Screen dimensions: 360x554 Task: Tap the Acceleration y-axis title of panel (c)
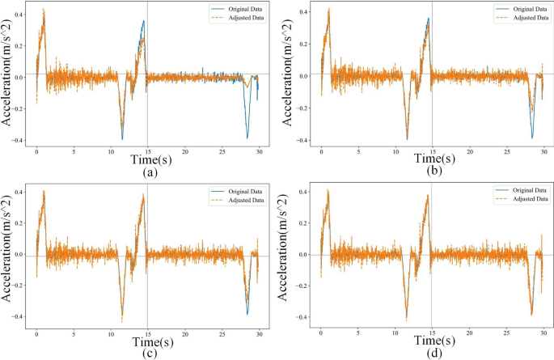[x=6, y=256]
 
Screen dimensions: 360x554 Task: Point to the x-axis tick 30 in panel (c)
[x=258, y=330]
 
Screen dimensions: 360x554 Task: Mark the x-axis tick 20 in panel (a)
[x=184, y=150]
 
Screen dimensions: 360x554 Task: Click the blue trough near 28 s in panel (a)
[x=247, y=138]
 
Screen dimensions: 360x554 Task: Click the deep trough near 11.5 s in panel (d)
[x=407, y=319]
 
